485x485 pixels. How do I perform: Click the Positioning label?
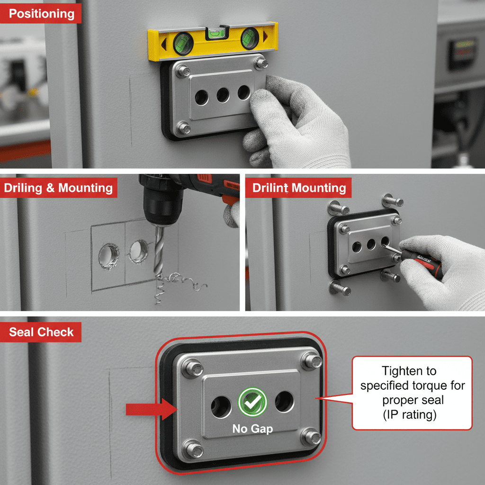41,13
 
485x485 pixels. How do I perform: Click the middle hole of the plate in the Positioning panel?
223,95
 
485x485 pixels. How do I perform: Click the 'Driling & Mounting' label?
58,188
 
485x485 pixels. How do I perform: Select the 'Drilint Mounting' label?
299,188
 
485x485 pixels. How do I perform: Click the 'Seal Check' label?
41,332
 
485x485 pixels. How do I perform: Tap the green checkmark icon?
252,402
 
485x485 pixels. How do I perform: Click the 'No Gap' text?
252,429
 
